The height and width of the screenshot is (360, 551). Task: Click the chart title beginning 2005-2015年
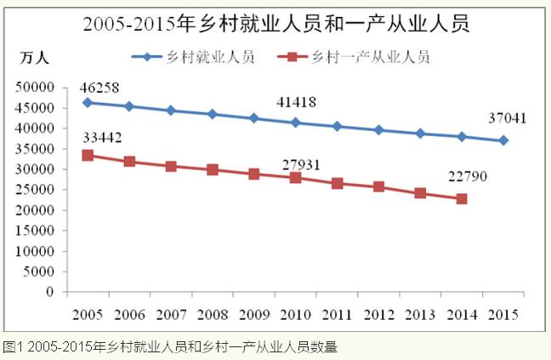pyautogui.click(x=275, y=24)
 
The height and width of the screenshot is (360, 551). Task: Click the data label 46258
pyautogui.click(x=99, y=88)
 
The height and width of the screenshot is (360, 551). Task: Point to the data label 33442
pyautogui.click(x=99, y=139)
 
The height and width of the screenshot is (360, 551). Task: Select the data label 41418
pyautogui.click(x=296, y=104)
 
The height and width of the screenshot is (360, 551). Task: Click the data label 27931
pyautogui.click(x=300, y=163)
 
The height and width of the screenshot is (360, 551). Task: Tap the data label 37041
pyautogui.click(x=507, y=119)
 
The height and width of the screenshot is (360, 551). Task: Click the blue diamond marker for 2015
pyautogui.click(x=503, y=140)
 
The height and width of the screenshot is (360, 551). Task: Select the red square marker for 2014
pyautogui.click(x=462, y=198)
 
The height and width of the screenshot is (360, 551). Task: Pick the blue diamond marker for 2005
pyautogui.click(x=88, y=102)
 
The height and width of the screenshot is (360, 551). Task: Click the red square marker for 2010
pyautogui.click(x=295, y=178)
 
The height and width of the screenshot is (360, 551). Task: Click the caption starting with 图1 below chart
pyautogui.click(x=169, y=346)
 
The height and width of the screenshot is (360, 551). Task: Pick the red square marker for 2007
pyautogui.click(x=170, y=166)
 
